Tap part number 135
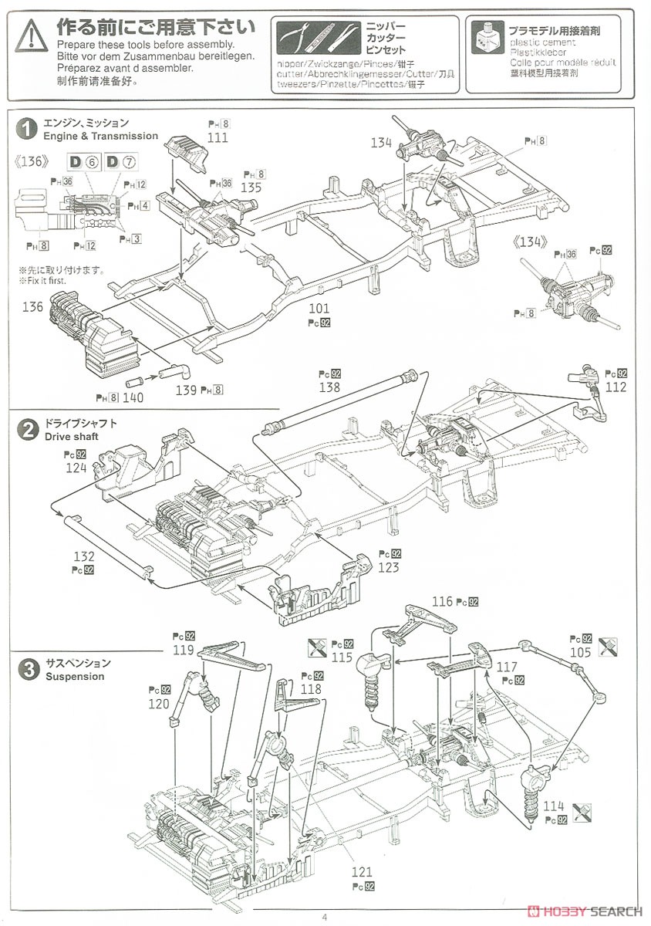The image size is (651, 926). tap(251, 188)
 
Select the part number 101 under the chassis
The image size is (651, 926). tap(319, 309)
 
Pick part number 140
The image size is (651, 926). tap(134, 398)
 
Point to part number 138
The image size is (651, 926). tap(329, 388)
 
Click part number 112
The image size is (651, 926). tap(616, 387)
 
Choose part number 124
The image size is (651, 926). tap(76, 468)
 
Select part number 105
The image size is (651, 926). tap(581, 653)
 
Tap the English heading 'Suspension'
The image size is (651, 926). tap(74, 677)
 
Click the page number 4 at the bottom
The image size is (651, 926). tap(325, 917)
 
